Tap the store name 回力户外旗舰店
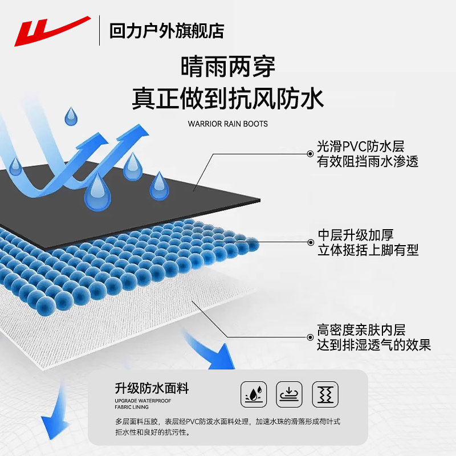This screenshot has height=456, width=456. point(166,31)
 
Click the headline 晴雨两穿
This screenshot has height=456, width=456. point(227,67)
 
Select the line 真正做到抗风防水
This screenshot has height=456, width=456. point(227,99)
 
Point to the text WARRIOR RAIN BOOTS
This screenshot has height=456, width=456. point(227,124)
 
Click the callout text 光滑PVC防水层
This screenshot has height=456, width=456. point(361,146)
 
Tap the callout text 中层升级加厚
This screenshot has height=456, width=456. point(355,235)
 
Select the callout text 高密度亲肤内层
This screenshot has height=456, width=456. point(361,330)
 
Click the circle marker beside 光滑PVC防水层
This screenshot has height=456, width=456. point(310,154)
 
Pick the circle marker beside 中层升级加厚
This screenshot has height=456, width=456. point(311,242)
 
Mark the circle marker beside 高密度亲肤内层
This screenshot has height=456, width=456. point(310,337)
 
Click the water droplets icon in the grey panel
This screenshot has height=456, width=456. point(254,394)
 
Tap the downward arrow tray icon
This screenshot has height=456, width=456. point(289,394)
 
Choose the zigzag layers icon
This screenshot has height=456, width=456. point(325,394)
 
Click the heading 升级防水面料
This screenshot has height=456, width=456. point(152,388)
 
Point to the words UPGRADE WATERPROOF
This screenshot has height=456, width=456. point(143,401)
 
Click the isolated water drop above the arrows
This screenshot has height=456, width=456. point(71,116)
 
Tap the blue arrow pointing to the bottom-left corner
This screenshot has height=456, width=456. point(56,413)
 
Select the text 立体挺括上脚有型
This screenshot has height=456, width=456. point(368,250)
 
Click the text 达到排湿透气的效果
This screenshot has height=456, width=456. point(374,345)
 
